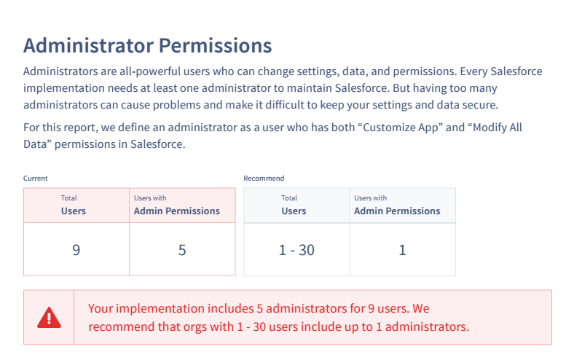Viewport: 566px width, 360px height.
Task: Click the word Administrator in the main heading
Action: [88, 46]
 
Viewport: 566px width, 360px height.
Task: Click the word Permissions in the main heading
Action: [215, 46]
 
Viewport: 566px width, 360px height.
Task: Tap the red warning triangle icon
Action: [49, 318]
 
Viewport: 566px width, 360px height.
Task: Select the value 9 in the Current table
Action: [76, 250]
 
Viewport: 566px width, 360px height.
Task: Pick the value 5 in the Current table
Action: [182, 250]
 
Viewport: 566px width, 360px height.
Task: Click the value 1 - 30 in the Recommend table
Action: [296, 250]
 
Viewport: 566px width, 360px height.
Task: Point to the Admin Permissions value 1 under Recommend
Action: [403, 250]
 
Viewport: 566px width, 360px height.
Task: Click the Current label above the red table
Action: [36, 179]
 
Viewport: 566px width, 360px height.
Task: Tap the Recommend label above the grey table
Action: [264, 179]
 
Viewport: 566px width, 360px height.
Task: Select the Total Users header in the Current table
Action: [74, 205]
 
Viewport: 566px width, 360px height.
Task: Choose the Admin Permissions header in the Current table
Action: [177, 205]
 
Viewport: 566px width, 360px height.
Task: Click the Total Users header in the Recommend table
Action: [294, 205]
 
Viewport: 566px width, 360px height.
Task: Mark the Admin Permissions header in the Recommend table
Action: [397, 205]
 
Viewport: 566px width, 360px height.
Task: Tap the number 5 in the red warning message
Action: [259, 309]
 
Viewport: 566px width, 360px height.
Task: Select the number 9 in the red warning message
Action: [371, 309]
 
